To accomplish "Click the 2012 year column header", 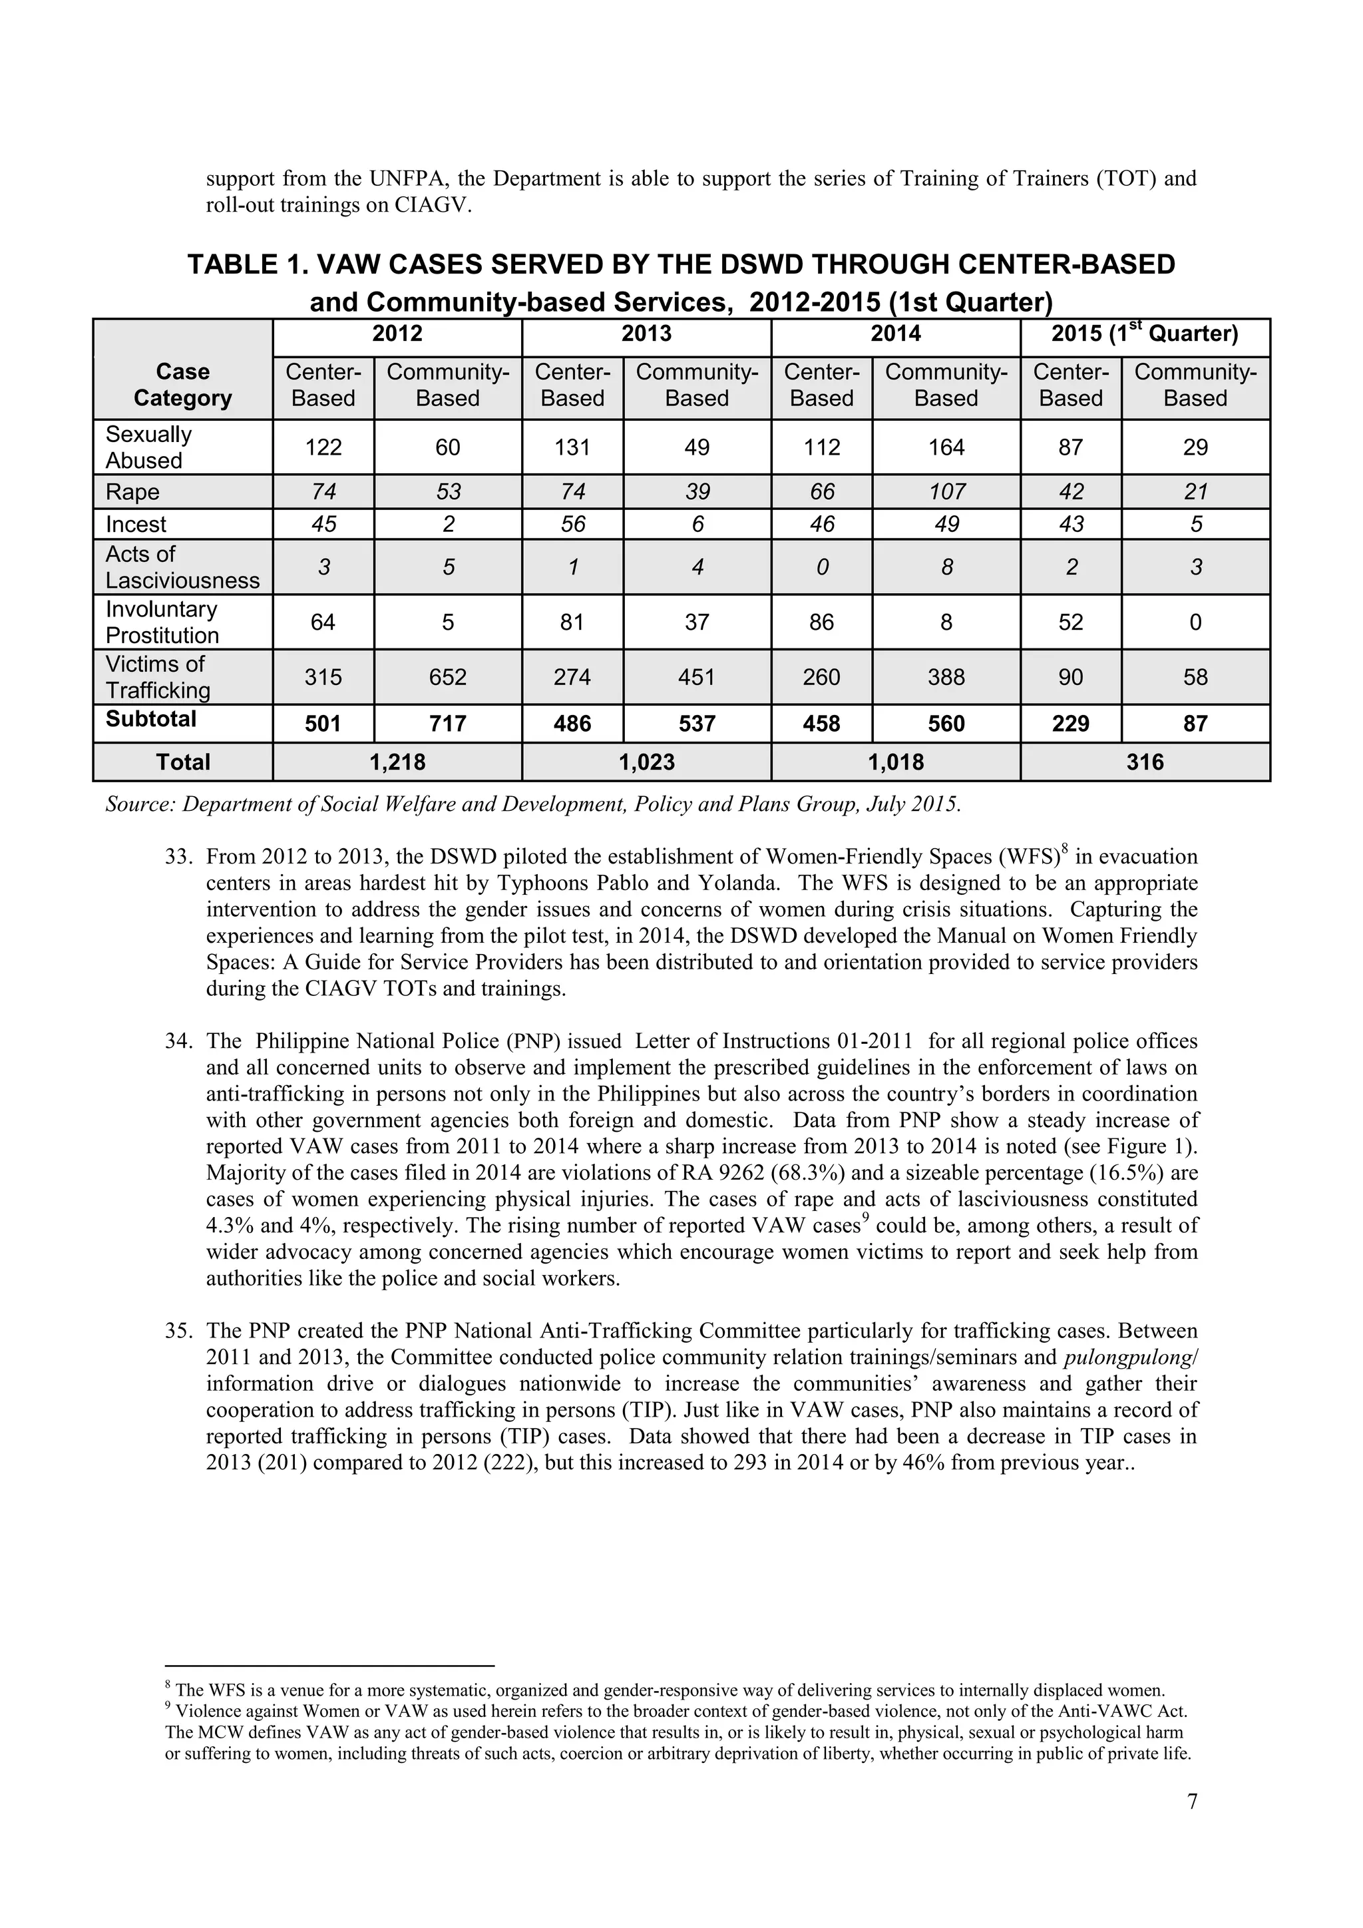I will tap(397, 334).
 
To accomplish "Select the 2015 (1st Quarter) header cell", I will tap(1145, 334).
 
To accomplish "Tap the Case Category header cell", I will tap(183, 385).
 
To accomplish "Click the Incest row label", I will tap(136, 525).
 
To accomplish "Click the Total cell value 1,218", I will tap(397, 762).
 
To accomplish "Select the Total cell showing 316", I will tap(1145, 762).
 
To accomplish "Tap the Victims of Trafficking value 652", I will tap(447, 677).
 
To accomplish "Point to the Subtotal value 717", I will tap(447, 724).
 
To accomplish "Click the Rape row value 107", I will tap(946, 492).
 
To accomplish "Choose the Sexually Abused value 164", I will tap(946, 447).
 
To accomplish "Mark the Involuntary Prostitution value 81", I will tap(572, 622).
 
